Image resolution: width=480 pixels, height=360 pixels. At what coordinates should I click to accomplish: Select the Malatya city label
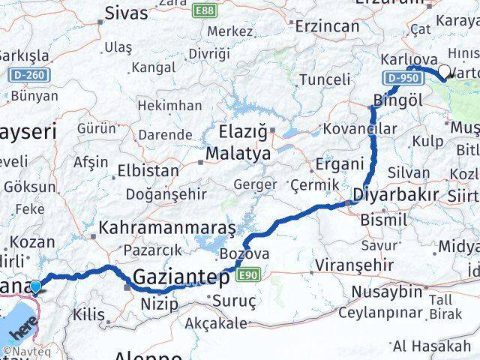(x=238, y=154)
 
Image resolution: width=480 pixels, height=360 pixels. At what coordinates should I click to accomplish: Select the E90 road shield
(x=250, y=277)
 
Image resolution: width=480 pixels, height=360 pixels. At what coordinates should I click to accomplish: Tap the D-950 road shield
(x=399, y=78)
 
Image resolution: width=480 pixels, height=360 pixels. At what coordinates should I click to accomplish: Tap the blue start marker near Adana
(x=34, y=286)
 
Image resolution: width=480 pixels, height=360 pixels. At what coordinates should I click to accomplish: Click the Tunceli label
(x=324, y=79)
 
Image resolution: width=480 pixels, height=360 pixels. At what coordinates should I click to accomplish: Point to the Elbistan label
(x=148, y=170)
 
